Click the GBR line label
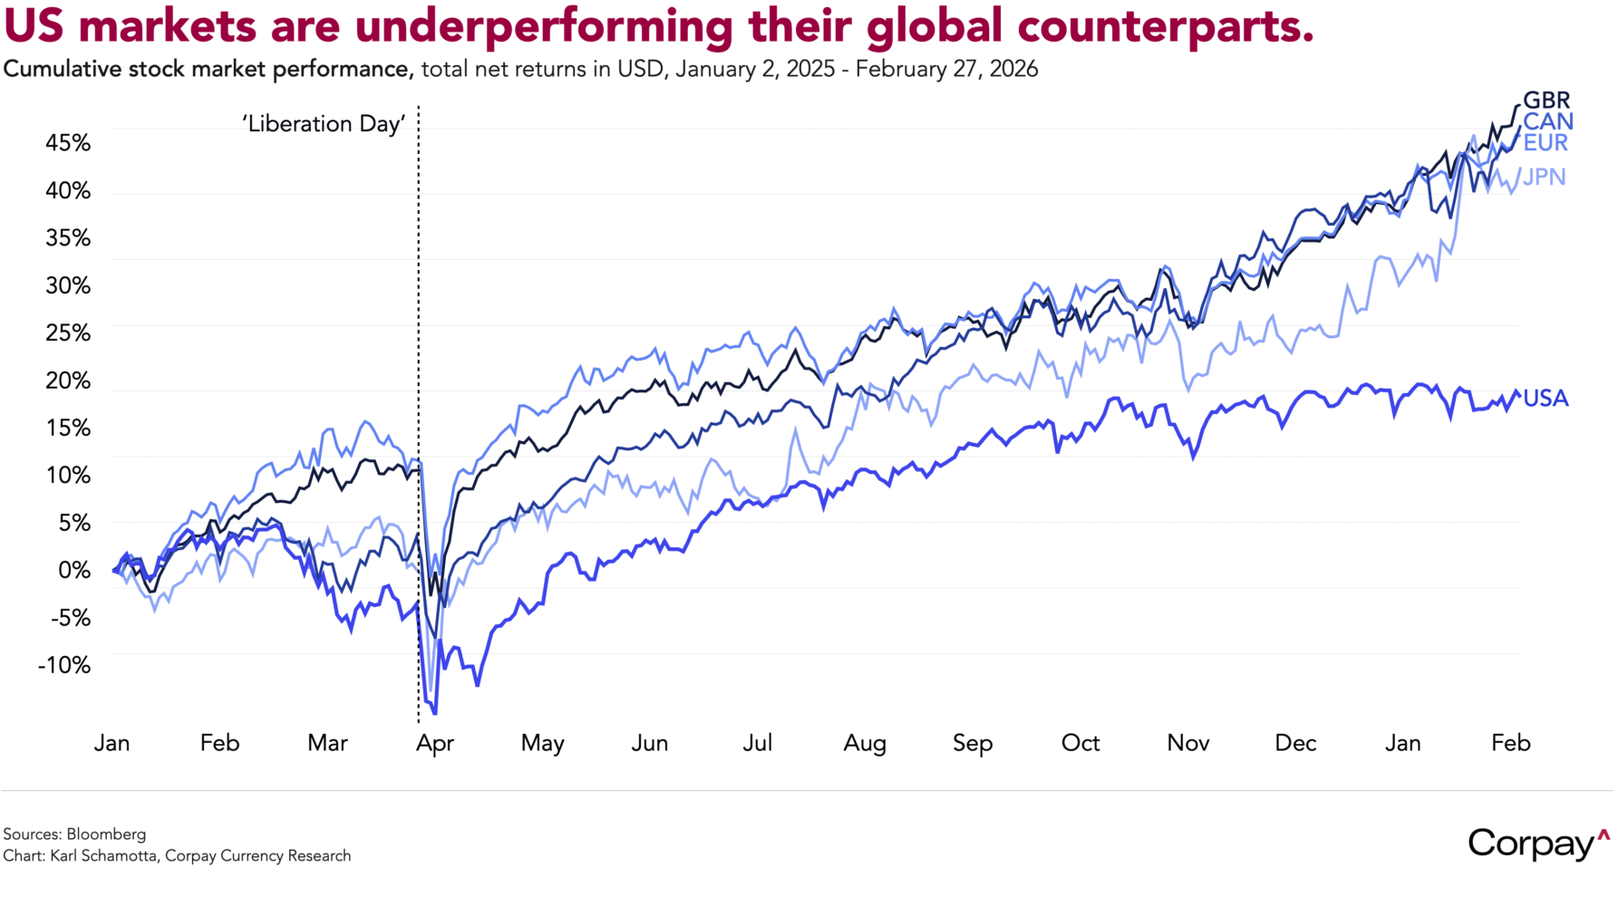1545,101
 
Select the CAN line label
1547,121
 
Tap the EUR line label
1545,142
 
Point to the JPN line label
1544,177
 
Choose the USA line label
1545,399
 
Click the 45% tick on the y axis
68,143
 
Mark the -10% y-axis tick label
64,665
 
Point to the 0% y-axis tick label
74,571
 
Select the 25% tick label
68,333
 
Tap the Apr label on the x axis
435,744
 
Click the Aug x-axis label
865,744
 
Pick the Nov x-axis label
1187,744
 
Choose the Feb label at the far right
1510,744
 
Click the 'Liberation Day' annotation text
324,124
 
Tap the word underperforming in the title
544,28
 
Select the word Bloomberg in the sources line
106,834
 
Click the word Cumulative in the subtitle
63,70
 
